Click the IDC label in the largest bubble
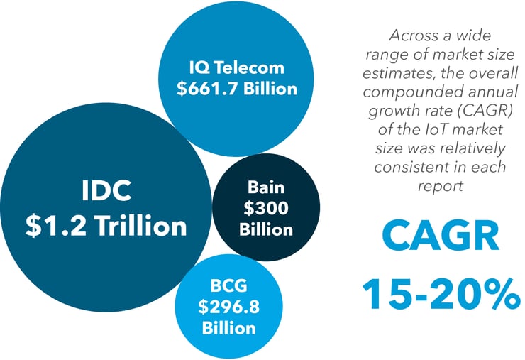click(106, 190)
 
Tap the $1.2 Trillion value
click(106, 226)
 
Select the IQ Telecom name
click(237, 67)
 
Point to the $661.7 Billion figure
click(237, 89)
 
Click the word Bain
click(266, 187)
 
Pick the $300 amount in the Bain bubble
click(266, 208)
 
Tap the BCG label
click(228, 285)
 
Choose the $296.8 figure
click(228, 306)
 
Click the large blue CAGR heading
click(441, 236)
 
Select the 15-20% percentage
click(441, 294)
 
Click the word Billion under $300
click(266, 230)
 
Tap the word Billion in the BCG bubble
click(228, 328)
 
